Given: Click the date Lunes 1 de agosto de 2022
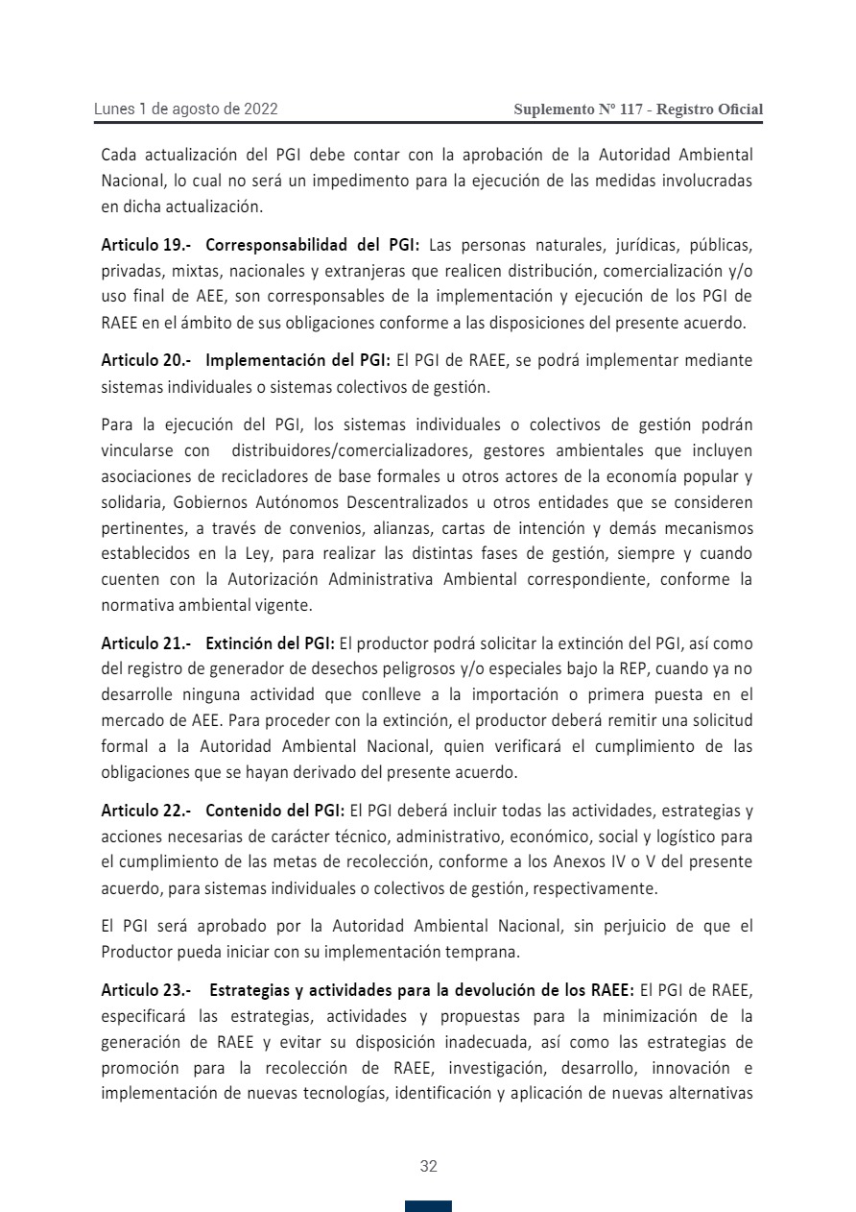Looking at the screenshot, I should tap(185, 109).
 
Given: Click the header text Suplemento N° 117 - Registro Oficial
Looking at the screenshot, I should tap(638, 109).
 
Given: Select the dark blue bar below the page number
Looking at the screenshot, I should tap(428, 1206).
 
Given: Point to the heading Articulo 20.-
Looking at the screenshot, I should tap(147, 361).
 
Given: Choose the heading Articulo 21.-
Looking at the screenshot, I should tap(147, 643).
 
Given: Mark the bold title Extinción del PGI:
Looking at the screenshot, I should tap(270, 643).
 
